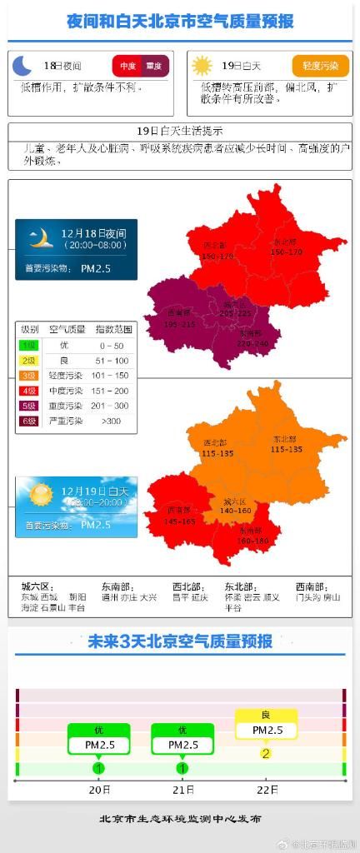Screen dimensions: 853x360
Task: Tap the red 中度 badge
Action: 127,66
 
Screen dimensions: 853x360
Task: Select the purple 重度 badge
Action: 155,66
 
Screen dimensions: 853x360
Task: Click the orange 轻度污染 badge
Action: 321,66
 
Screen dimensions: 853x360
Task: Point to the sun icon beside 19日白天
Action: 202,66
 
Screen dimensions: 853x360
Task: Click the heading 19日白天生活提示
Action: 179,131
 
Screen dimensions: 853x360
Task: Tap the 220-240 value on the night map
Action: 252,343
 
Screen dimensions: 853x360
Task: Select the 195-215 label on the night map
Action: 179,324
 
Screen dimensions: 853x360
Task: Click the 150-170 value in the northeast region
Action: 286,251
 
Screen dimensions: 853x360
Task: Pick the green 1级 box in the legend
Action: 29,344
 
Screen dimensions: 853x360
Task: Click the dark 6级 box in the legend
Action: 29,421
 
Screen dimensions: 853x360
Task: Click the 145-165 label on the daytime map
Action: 180,521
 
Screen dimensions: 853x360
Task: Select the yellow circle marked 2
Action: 266,754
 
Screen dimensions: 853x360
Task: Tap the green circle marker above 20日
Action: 99,768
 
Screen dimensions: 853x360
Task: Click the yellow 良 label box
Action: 266,715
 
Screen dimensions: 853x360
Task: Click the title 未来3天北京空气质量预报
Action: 180,641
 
